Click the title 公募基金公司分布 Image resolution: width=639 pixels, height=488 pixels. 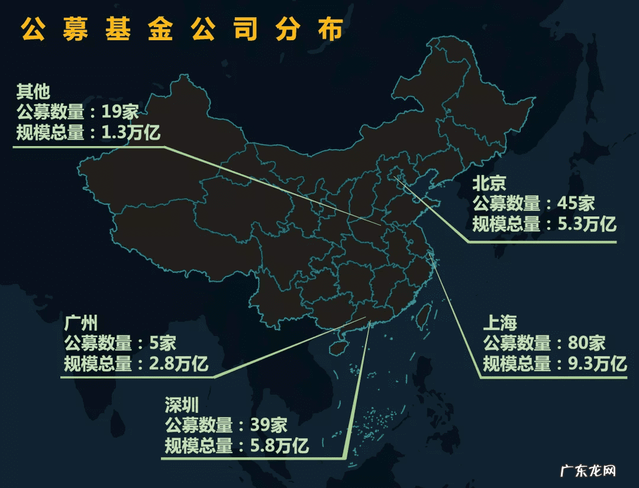point(182,30)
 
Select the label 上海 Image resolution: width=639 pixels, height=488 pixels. point(500,323)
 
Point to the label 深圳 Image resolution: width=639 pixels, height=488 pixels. point(182,405)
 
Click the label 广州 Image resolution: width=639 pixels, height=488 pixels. point(81,323)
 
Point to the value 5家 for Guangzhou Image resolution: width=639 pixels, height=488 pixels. point(161,343)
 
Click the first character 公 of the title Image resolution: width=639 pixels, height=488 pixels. point(34,30)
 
